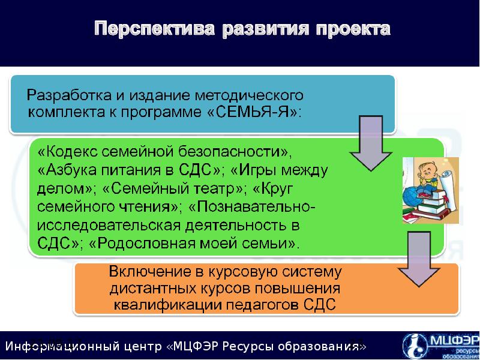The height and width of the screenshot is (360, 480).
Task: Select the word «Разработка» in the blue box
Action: tap(64, 95)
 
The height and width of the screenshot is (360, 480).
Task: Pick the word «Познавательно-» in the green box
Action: tap(259, 207)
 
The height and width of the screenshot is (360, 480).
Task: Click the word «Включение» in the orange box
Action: tap(145, 272)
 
